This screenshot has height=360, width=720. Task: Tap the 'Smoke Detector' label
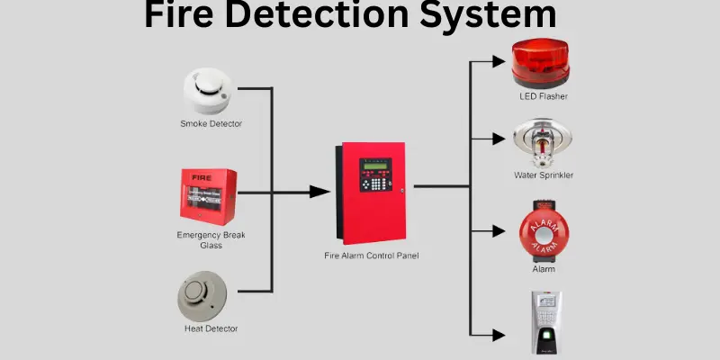pyautogui.click(x=211, y=123)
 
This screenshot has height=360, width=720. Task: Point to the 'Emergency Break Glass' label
pyautogui.click(x=211, y=240)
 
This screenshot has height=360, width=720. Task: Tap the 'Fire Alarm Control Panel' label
pyautogui.click(x=372, y=256)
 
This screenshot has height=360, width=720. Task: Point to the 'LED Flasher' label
pyautogui.click(x=544, y=96)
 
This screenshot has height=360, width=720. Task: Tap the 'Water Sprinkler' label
pyautogui.click(x=544, y=175)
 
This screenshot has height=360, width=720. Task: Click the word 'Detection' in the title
pyautogui.click(x=350, y=15)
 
